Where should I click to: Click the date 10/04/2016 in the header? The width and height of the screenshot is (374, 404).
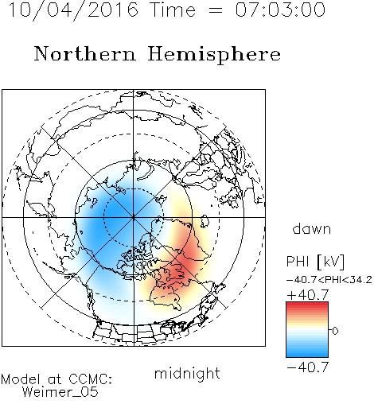[73, 10]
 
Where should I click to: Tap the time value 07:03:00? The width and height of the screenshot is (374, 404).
[280, 10]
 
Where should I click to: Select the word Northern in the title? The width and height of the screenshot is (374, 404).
[85, 53]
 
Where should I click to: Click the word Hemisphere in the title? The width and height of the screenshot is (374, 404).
[214, 55]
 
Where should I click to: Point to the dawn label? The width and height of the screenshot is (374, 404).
[312, 228]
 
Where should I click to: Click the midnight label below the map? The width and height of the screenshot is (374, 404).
[187, 373]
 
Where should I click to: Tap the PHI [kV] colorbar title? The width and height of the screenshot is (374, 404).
[315, 262]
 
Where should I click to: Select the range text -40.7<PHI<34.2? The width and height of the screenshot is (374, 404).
[329, 280]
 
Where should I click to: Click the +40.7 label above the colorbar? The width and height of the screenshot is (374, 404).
[308, 295]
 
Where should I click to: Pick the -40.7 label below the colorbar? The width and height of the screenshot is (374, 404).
[308, 367]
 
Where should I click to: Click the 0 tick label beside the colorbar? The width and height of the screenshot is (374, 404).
[335, 331]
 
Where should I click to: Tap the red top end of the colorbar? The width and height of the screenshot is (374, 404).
[307, 305]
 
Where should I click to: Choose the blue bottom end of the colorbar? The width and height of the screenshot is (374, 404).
[307, 355]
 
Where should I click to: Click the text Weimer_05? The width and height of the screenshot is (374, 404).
[60, 392]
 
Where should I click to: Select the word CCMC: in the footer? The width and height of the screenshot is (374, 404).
[90, 379]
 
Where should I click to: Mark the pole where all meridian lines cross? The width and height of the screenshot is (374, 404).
[134, 217]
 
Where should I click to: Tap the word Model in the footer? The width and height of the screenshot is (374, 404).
[21, 379]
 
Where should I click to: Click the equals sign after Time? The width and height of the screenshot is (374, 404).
[216, 10]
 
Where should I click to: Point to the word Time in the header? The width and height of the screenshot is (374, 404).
[173, 10]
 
